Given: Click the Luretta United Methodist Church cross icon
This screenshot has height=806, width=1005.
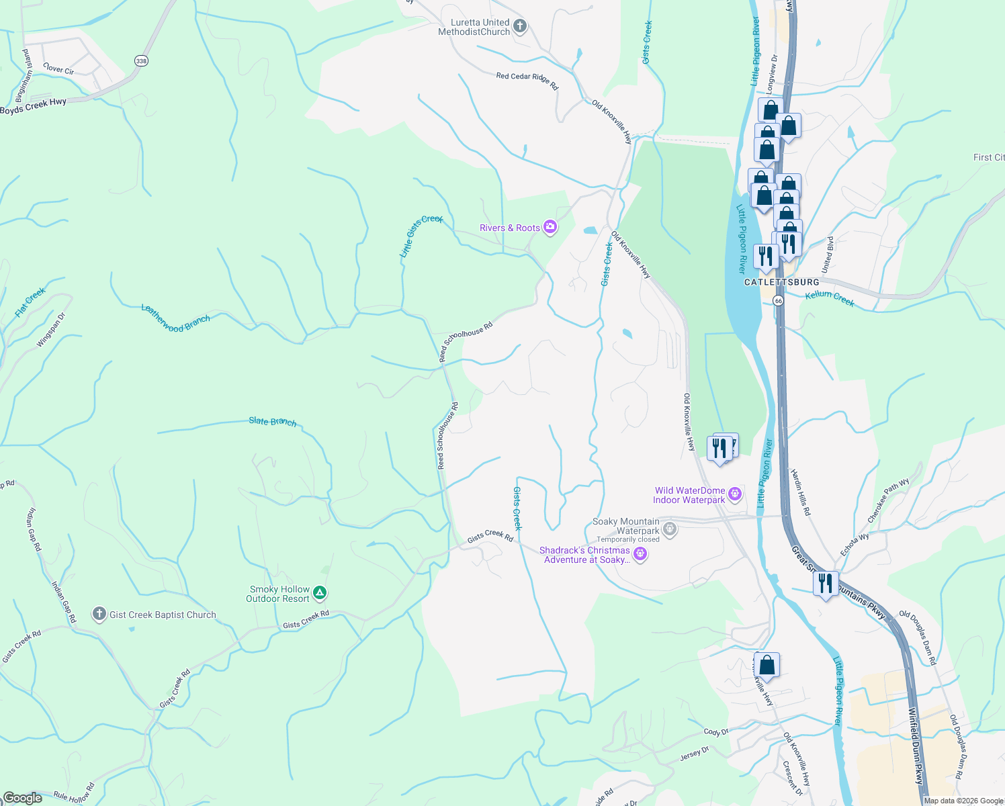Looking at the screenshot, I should (x=519, y=27).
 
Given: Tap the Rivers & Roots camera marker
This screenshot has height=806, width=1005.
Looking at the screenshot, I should (x=550, y=228).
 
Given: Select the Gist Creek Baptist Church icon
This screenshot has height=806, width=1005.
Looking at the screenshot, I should (x=99, y=614).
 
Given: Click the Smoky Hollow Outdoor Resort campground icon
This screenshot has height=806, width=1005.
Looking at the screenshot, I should (x=320, y=593).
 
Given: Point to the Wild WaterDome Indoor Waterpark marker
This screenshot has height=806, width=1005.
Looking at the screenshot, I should (x=735, y=495).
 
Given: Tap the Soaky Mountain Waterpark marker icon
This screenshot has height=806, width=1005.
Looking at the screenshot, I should (x=670, y=530).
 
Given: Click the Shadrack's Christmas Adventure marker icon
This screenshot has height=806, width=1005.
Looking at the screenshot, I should (x=640, y=554).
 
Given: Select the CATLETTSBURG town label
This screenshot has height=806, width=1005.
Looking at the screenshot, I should (x=781, y=282).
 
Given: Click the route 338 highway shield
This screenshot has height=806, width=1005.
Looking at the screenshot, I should (x=140, y=61).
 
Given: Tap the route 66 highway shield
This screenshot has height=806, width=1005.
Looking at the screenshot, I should (x=778, y=300).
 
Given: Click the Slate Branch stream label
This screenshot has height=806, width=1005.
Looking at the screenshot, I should (x=272, y=421).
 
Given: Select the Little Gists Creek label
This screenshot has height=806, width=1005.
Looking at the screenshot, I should (x=421, y=236).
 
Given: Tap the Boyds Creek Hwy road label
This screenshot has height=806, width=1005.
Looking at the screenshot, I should (x=34, y=106).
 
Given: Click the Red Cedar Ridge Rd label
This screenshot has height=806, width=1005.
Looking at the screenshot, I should (x=527, y=81).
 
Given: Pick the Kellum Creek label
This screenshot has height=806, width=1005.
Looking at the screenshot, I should (x=830, y=298).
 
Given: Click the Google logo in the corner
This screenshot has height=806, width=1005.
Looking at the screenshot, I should (x=22, y=797).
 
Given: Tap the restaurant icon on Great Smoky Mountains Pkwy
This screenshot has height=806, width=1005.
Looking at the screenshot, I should (x=826, y=584).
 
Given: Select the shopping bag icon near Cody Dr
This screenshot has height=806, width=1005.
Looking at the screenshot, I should (x=767, y=666).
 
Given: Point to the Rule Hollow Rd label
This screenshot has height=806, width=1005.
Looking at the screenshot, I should (x=74, y=793).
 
